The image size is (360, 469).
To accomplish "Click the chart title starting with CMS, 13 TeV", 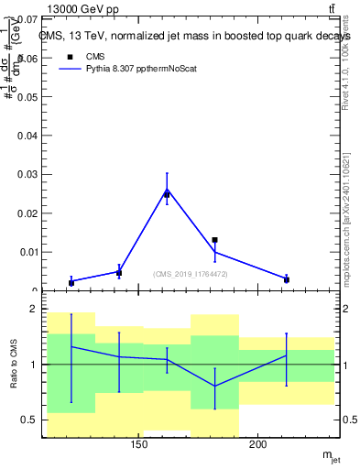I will point(195,36).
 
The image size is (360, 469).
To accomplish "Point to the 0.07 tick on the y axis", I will point(25,19).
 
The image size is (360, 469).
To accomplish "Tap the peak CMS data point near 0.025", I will point(167,194).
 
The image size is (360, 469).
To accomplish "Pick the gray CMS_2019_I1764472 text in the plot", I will point(190,274).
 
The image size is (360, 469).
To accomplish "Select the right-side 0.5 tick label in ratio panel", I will point(349,420).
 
